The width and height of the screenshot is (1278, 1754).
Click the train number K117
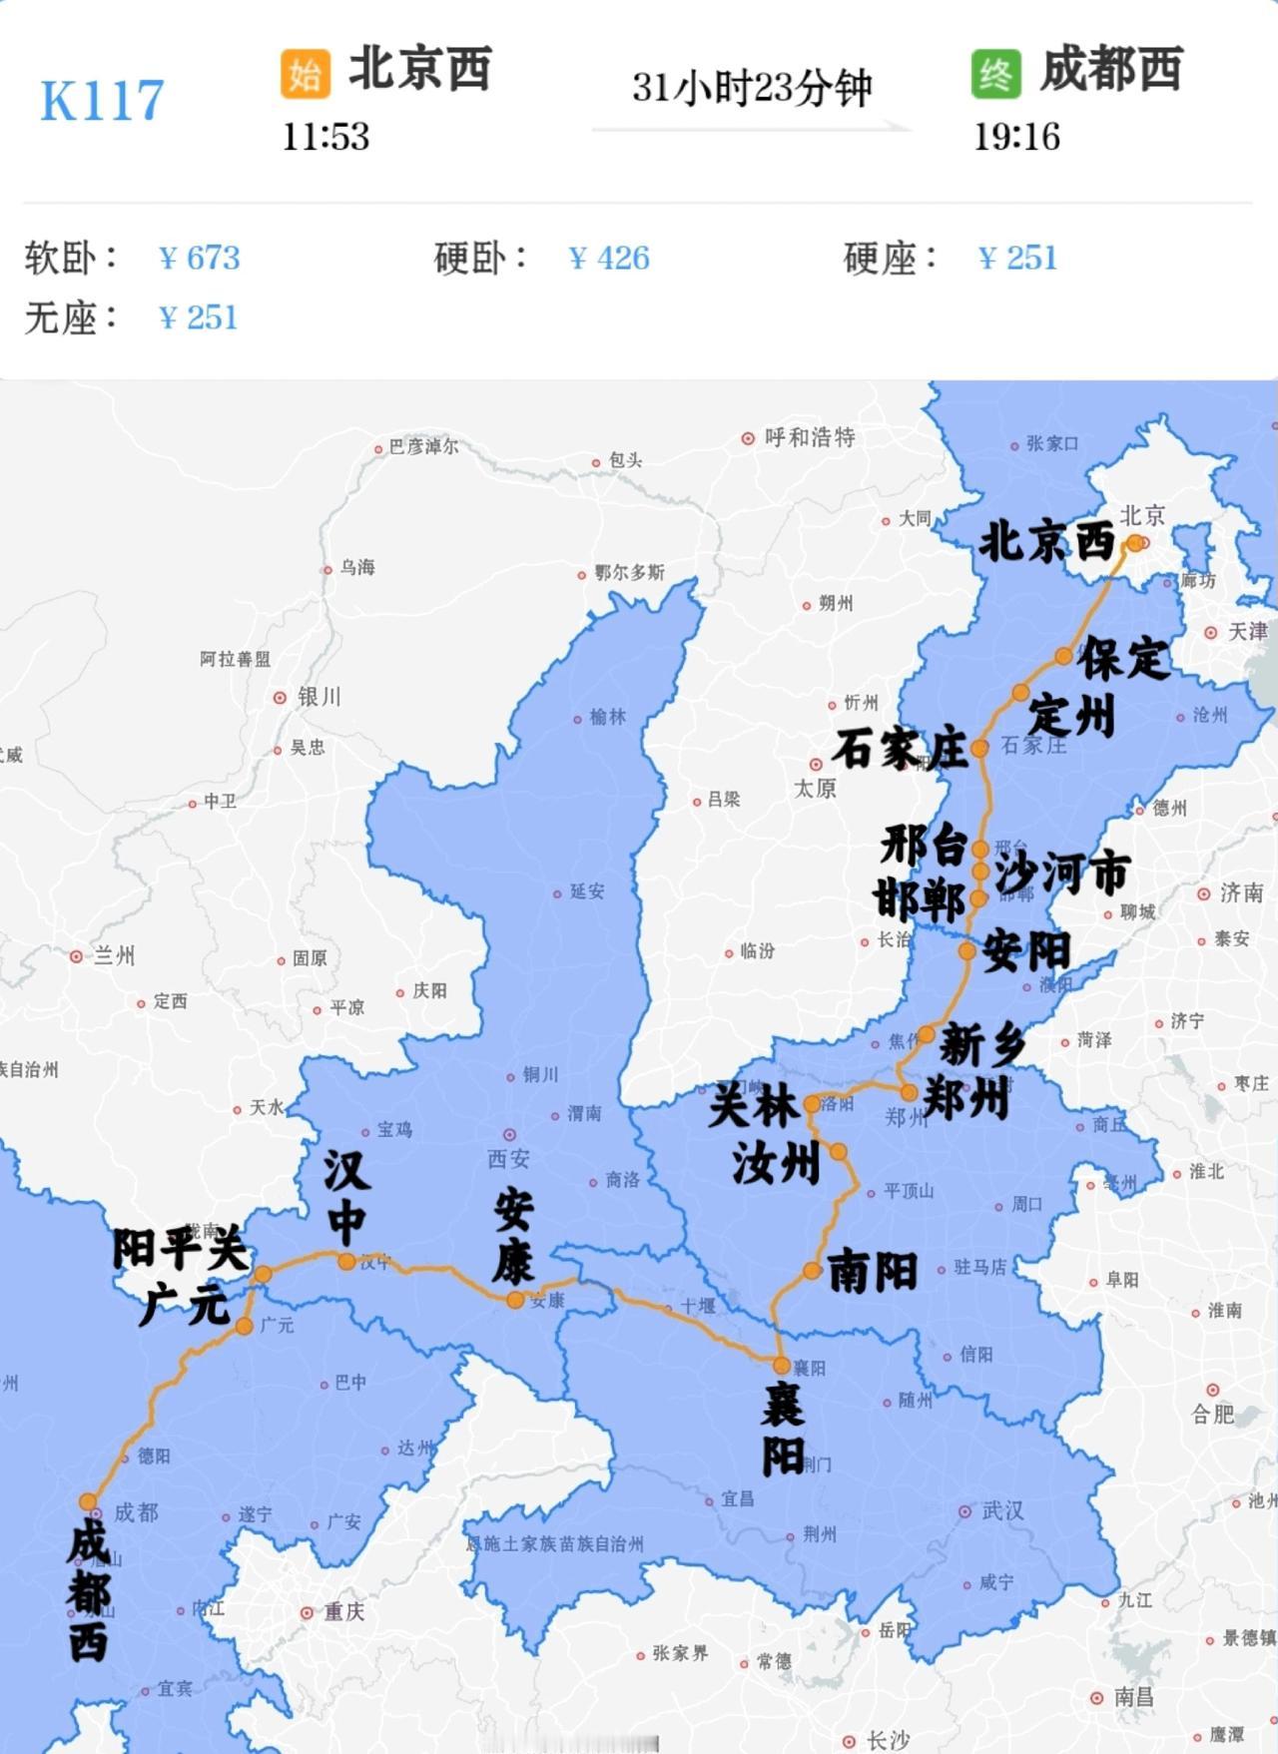102,101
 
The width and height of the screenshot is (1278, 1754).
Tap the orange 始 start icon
305,74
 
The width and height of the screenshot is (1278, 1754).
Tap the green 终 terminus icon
995,74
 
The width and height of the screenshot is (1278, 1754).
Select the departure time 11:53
325,137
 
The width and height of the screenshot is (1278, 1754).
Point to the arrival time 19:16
1016,137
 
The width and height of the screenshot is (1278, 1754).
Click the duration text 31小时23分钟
752,88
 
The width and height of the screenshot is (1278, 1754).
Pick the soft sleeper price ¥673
200,259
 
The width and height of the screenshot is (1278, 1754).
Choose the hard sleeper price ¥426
609,259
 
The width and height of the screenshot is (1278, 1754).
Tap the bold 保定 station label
1124,659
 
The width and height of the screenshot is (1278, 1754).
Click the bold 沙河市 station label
1062,874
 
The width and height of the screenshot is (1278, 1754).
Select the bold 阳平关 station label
179,1249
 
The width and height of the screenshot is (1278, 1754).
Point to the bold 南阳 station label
873,1272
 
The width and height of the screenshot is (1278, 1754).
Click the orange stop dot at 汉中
346,1262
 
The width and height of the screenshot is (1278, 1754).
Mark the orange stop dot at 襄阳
781,1366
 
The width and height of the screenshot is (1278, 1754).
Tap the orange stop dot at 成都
88,1502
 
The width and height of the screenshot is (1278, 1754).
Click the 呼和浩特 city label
809,437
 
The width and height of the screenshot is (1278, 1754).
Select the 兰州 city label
113,956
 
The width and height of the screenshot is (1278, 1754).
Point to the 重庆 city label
342,1611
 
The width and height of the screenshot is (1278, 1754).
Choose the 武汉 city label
1001,1511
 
